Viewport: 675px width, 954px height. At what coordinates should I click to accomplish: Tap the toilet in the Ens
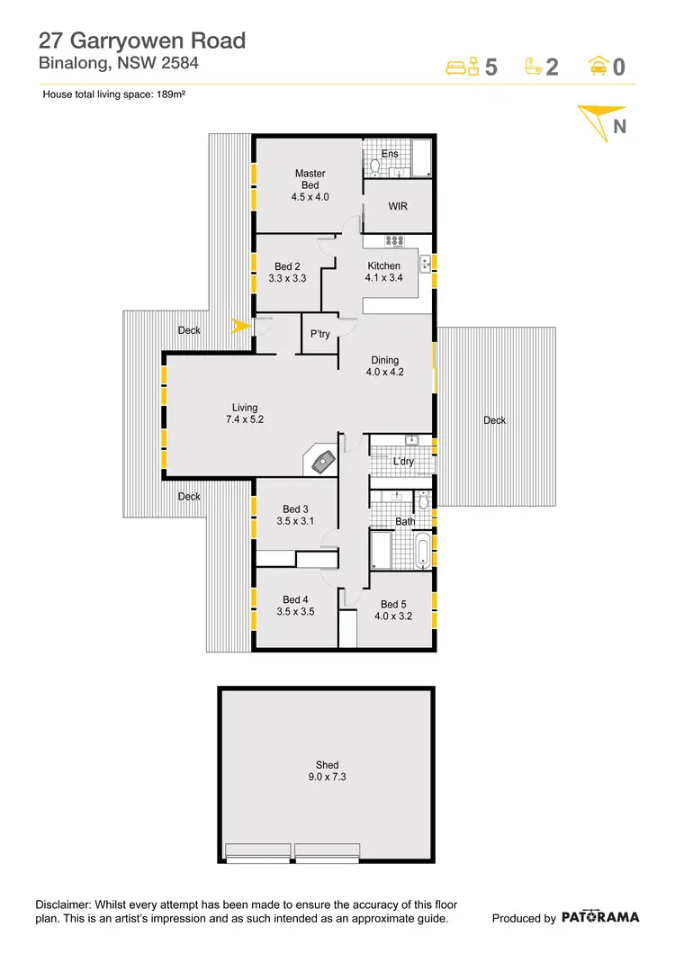[x=376, y=166]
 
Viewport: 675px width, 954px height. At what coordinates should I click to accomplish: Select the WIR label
[x=398, y=206]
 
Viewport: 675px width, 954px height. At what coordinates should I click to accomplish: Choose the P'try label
[x=320, y=334]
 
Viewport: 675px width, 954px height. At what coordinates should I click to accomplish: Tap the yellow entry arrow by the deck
[x=240, y=326]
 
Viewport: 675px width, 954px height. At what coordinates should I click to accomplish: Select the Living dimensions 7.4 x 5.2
[x=245, y=419]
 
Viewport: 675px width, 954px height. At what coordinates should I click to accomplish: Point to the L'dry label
[x=404, y=462]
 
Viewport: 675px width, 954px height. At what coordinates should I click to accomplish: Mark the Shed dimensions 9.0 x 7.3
[x=328, y=778]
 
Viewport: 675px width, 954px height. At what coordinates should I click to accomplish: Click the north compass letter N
[x=619, y=127]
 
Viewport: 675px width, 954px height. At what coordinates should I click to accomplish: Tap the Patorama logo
[x=601, y=918]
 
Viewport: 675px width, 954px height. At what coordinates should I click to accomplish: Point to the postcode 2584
[x=176, y=63]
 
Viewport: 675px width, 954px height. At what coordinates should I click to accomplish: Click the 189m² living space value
[x=170, y=94]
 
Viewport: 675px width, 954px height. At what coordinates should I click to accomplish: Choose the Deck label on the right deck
[x=494, y=420]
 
